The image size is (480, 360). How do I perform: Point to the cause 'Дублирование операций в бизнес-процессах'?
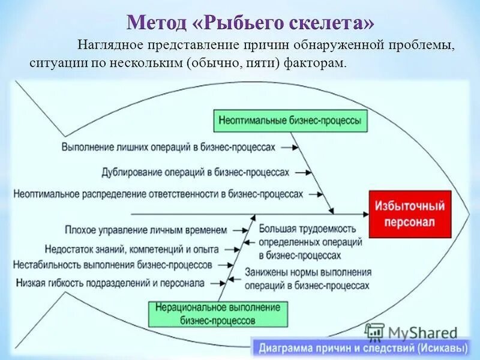tap(196, 172)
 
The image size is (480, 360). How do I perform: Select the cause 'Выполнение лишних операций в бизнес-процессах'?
tap(169, 146)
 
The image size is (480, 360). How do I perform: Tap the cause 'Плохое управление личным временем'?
tap(147, 229)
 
